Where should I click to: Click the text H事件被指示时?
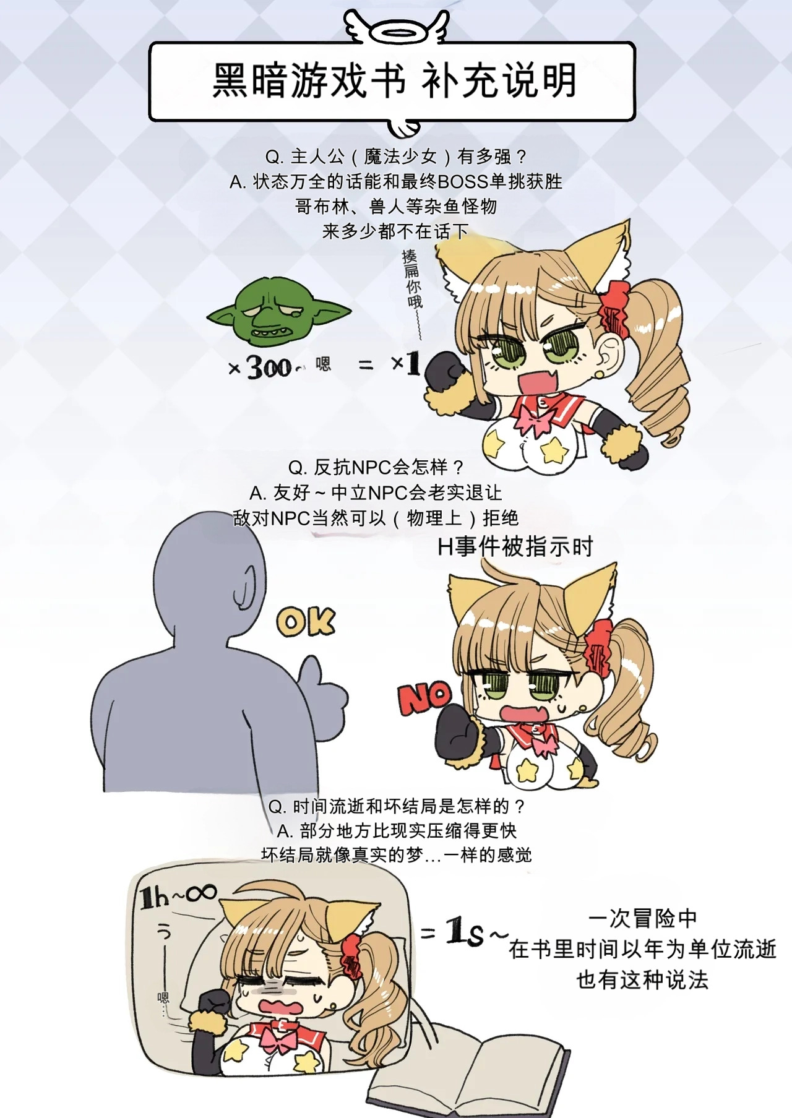tap(515, 547)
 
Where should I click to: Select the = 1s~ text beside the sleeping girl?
tap(464, 932)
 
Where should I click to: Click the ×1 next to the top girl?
tap(406, 363)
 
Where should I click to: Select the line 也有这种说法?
tap(643, 979)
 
